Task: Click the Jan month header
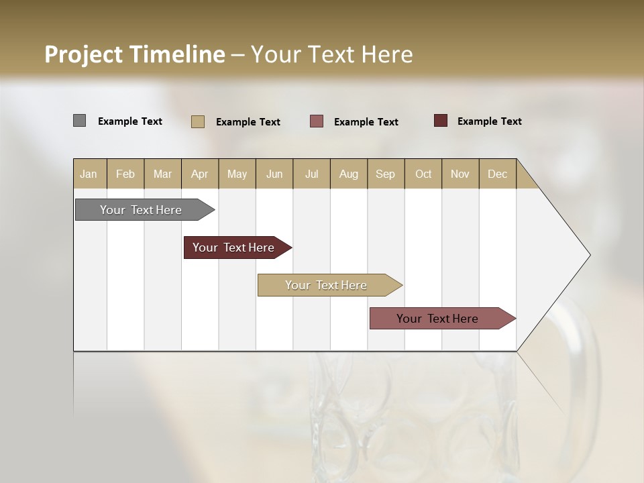89,174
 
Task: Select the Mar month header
162,174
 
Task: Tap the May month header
237,174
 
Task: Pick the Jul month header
311,174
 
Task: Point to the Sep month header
386,174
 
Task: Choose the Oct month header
423,174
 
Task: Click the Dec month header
498,174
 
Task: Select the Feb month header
125,174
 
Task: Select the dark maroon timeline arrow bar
234,248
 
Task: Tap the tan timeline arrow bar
327,285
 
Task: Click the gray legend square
79,121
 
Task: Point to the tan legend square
198,121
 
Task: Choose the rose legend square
317,121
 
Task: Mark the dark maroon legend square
441,121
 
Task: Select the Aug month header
349,174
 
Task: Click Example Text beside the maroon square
489,121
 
